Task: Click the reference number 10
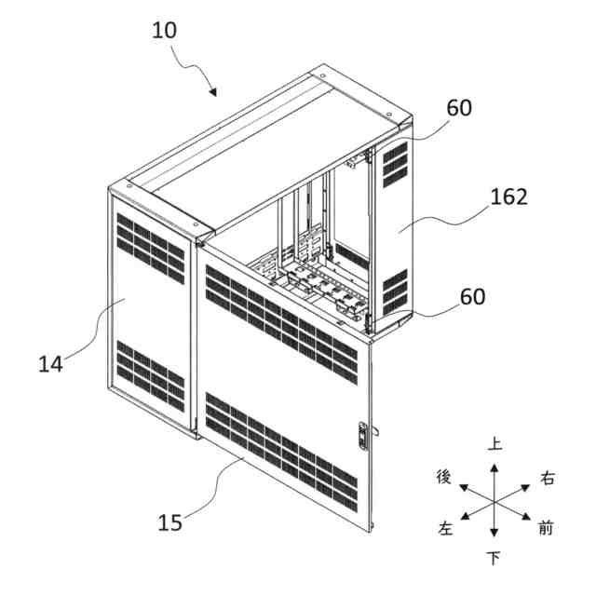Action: click(164, 30)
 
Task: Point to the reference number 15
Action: click(170, 523)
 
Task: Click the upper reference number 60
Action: click(459, 108)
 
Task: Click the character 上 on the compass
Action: click(495, 444)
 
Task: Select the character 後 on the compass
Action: click(444, 478)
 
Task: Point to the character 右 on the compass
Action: click(548, 479)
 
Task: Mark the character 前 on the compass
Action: click(547, 529)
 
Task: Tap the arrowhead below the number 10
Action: click(213, 92)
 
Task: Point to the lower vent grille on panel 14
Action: click(149, 377)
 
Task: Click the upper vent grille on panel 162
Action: click(395, 162)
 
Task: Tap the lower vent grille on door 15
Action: click(279, 444)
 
